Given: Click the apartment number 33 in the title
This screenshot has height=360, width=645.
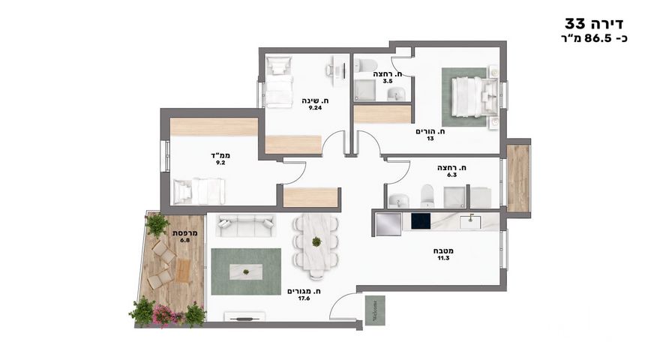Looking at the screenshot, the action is tap(574, 23).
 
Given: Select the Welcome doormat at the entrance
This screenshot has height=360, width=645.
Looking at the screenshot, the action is tap(375, 310).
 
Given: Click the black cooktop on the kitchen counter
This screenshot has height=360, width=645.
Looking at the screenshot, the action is tap(421, 221).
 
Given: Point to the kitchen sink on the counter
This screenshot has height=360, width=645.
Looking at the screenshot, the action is tap(470, 221).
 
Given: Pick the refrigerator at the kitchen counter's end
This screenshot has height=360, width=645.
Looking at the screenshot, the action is tap(388, 224).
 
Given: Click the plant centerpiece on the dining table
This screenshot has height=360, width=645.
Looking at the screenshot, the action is tap(316, 241).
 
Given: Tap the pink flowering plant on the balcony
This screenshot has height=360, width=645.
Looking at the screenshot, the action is tap(163, 315).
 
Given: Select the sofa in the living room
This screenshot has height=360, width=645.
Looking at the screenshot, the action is tap(245, 226).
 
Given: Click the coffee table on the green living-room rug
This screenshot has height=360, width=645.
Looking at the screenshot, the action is tap(245, 272).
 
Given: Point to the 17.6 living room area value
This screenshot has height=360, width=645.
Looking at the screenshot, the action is tap(304, 298).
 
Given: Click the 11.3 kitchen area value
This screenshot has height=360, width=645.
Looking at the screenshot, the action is tap(443, 258).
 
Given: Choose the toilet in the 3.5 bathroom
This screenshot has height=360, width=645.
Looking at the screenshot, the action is tap(366, 65).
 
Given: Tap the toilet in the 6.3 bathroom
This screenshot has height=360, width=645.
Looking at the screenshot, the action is tap(427, 196).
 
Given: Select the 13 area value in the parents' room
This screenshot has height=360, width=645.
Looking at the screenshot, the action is tap(430, 139).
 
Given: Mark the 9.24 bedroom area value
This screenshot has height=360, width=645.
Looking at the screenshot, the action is tap(316, 108).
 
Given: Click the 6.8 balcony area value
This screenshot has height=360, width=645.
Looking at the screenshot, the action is tap(185, 240).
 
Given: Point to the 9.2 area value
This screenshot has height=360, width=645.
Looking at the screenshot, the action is tap(220, 163).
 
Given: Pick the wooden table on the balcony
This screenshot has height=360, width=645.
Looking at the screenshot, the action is tap(183, 271).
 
